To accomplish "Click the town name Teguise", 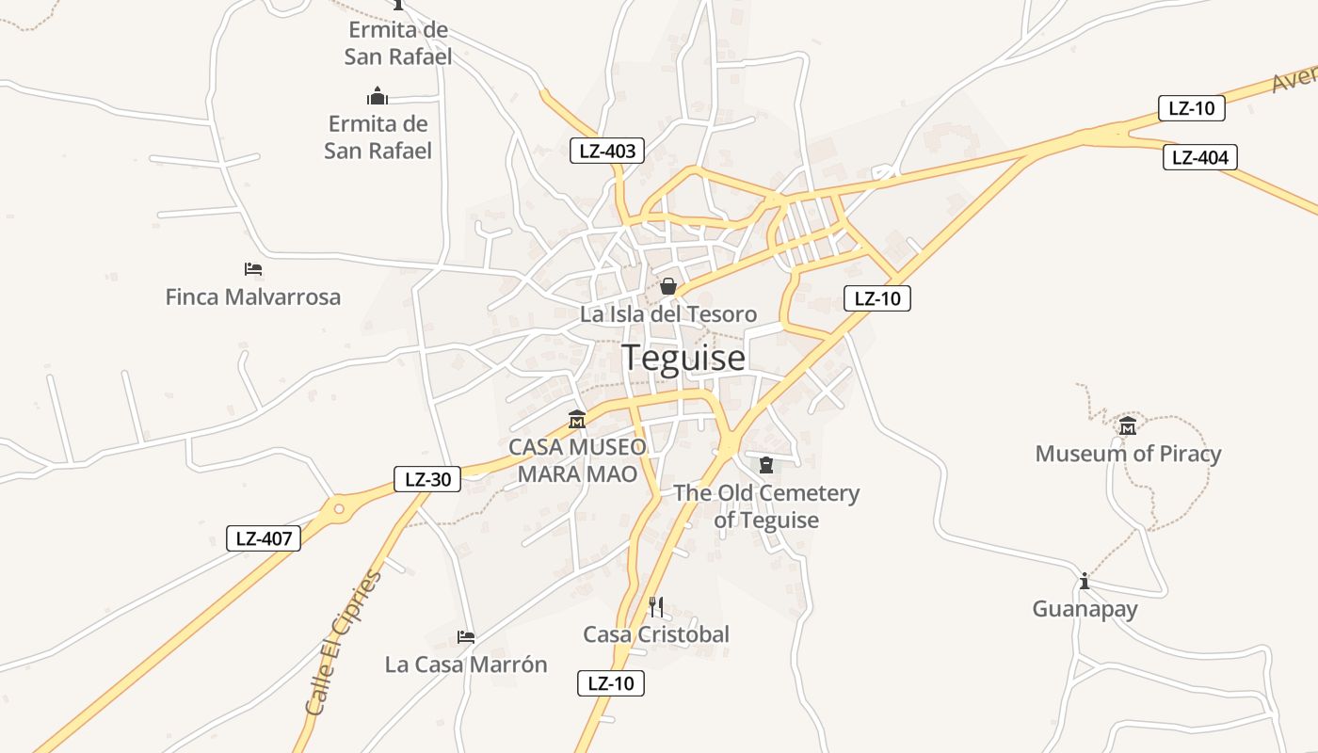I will (683, 358).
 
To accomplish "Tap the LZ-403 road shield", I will (607, 151).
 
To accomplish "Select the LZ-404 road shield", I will (1199, 157).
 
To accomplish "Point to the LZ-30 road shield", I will (427, 479).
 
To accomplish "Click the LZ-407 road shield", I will (264, 539).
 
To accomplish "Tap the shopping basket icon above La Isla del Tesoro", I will (668, 285).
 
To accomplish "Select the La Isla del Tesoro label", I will (667, 314).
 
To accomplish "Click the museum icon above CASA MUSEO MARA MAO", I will (577, 420).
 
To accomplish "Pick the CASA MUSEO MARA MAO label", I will (577, 459).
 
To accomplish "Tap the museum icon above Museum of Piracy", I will (1127, 426).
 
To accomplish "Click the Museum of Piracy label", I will (1128, 454).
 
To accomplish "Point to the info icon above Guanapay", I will (1085, 581).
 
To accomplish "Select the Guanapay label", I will (1085, 609).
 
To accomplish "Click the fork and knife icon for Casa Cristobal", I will (656, 606).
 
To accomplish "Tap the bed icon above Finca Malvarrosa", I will (252, 269).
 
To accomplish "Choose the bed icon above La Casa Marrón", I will (465, 637).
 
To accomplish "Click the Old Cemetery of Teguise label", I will (766, 506).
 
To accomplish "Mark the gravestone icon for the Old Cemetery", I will (765, 465).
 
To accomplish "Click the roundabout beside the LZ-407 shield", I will (338, 509).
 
